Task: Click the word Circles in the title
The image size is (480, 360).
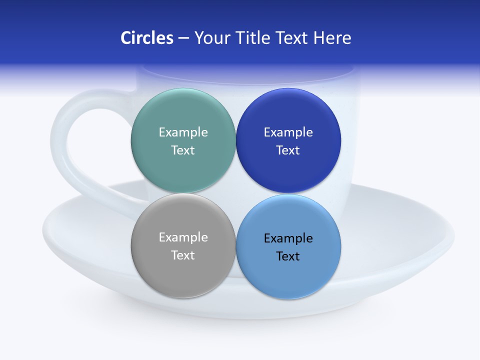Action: (x=146, y=38)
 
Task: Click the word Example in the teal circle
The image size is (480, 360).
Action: (x=183, y=132)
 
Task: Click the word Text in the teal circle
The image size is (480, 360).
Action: (x=183, y=150)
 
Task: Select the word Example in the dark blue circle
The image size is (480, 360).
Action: (x=288, y=132)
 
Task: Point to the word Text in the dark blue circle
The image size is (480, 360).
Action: (x=288, y=150)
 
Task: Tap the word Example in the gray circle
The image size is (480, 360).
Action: (x=183, y=237)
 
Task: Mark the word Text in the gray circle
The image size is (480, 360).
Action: (x=183, y=255)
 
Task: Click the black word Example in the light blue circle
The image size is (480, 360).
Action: (x=288, y=238)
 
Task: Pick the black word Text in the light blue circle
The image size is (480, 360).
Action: (x=288, y=256)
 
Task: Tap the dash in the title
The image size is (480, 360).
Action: (x=183, y=38)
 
